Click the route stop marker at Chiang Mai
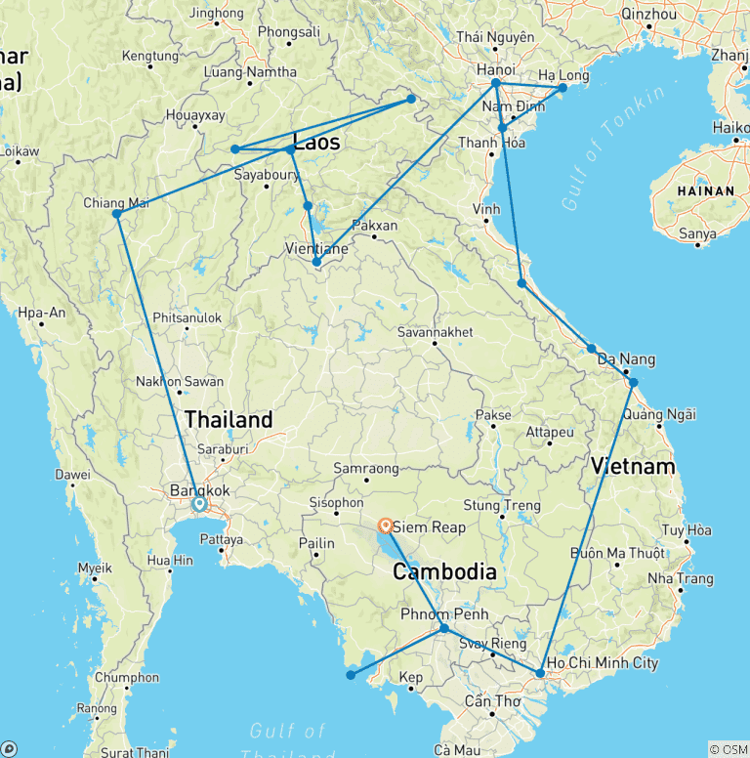click(117, 214)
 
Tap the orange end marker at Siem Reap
click(387, 525)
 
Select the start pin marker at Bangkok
click(199, 504)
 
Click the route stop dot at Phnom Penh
click(444, 628)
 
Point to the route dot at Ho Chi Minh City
click(540, 673)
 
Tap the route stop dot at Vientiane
click(316, 262)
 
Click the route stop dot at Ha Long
click(562, 88)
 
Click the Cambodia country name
click(444, 571)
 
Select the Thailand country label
click(229, 420)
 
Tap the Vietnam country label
click(632, 466)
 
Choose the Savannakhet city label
click(436, 333)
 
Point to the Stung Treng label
click(501, 506)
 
